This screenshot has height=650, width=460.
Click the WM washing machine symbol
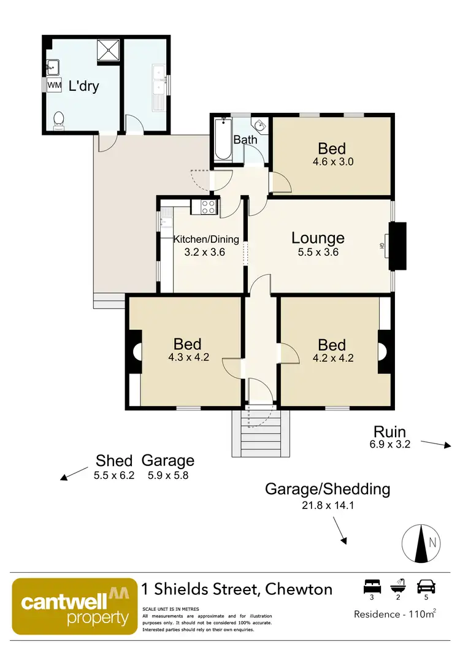tap(54, 86)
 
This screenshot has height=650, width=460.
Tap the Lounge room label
tap(318, 238)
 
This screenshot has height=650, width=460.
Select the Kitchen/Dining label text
tap(206, 239)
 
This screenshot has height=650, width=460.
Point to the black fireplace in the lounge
tap(397, 246)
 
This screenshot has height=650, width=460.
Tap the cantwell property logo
tap(74, 606)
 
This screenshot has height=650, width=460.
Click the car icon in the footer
tap(424, 586)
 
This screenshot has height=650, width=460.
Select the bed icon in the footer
tap(370, 586)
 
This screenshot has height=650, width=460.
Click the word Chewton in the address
tap(299, 590)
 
